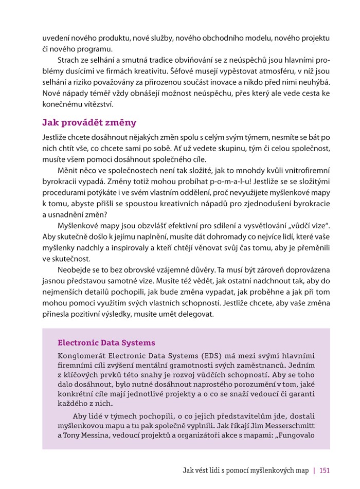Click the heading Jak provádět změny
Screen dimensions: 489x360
coord(89,122)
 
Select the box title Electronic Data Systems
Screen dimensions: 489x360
coord(106,342)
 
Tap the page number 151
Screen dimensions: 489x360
coord(324,470)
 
